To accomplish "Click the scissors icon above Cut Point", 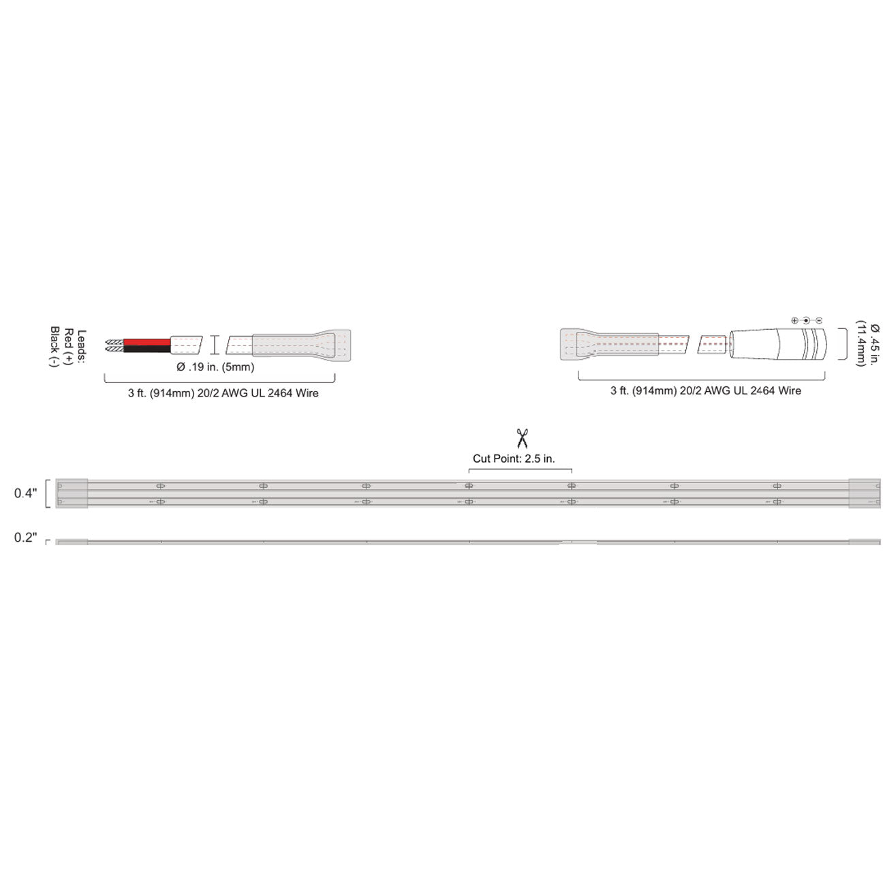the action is tap(521, 438).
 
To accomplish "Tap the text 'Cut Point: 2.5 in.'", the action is tap(514, 459).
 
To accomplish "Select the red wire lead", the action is tap(146, 342).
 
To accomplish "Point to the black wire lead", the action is tap(146, 349).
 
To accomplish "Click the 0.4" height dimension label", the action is tap(26, 493).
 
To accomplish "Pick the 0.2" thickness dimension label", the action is tap(26, 537).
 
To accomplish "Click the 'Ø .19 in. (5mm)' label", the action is tap(215, 367).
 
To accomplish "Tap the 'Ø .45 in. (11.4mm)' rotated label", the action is tap(868, 345).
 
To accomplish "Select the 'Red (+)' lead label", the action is tap(69, 346).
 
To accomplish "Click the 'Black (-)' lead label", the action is tap(55, 346).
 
